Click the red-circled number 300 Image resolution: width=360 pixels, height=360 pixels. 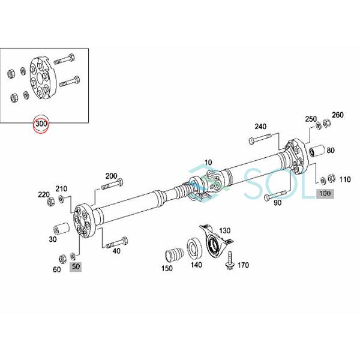coord(42,124)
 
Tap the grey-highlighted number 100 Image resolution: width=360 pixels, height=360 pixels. coord(325,193)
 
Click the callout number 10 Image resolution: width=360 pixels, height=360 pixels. coord(208,163)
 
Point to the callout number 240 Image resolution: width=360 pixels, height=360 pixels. coord(260,127)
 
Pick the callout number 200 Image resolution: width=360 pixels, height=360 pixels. coord(111,176)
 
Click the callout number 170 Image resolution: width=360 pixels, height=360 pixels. coord(243,265)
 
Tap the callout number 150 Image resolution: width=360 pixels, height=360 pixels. coord(167,269)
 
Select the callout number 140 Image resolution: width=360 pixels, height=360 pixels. coord(197,265)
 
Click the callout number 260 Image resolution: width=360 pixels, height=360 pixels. coord(337,115)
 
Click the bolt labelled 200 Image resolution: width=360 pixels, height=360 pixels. coord(113,185)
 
